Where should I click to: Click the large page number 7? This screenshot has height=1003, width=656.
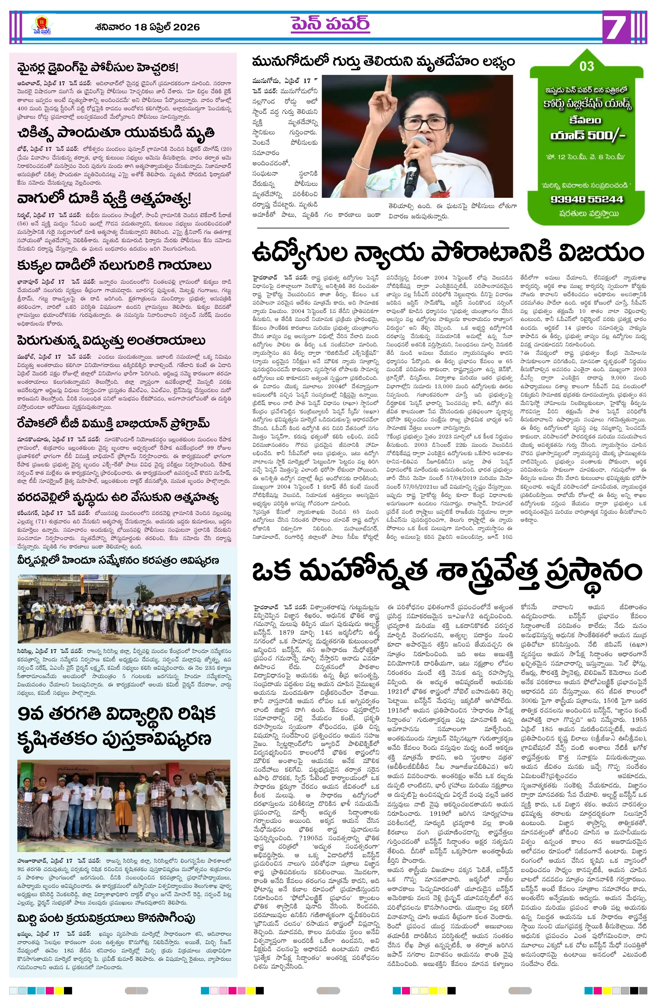(x=617, y=27)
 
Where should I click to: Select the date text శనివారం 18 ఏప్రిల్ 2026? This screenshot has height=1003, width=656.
(x=148, y=27)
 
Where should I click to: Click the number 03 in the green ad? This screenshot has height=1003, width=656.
(x=587, y=66)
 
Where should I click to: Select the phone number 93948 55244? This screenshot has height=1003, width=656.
(x=587, y=199)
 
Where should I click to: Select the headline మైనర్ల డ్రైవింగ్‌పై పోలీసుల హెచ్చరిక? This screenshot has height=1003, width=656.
(x=98, y=68)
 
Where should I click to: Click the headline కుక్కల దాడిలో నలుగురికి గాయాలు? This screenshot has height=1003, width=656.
(x=114, y=265)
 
